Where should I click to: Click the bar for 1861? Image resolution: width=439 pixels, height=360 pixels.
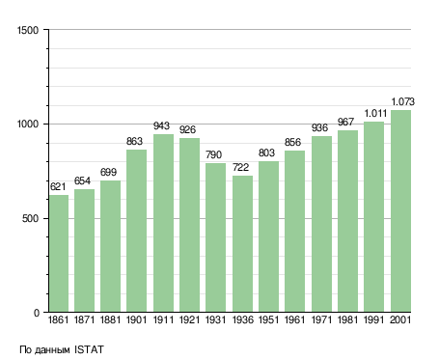pos(59,253)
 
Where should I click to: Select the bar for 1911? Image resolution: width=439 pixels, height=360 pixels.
pos(163,223)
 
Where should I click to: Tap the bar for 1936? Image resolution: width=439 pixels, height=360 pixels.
pos(242,243)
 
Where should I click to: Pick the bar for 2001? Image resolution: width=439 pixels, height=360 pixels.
pos(400,210)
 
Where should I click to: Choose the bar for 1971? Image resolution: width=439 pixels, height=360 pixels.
pos(321,224)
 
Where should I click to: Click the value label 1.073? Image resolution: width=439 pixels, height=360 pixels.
pos(402,102)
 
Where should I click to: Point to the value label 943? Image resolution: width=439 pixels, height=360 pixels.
pos(161,125)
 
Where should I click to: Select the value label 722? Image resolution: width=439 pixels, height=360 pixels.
pos(240,167)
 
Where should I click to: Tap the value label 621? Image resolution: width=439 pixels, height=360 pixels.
pos(58,186)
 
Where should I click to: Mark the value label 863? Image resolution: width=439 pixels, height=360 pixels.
pos(134,141)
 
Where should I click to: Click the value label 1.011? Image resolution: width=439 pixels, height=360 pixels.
pos(375,113)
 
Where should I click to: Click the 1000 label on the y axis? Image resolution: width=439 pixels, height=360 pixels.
pos(28,125)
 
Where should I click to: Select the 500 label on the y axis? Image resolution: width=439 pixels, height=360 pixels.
pos(30,218)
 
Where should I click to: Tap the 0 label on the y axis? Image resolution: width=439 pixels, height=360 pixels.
pos(37,313)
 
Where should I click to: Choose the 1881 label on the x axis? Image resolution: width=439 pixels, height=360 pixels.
pos(110,319)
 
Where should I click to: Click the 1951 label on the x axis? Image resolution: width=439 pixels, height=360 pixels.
pos(268,319)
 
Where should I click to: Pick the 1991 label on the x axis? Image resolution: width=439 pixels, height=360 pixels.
pos(374,319)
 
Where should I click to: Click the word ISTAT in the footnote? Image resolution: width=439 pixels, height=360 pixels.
pos(89,349)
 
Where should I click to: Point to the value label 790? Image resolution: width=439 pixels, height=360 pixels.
pos(213,154)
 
